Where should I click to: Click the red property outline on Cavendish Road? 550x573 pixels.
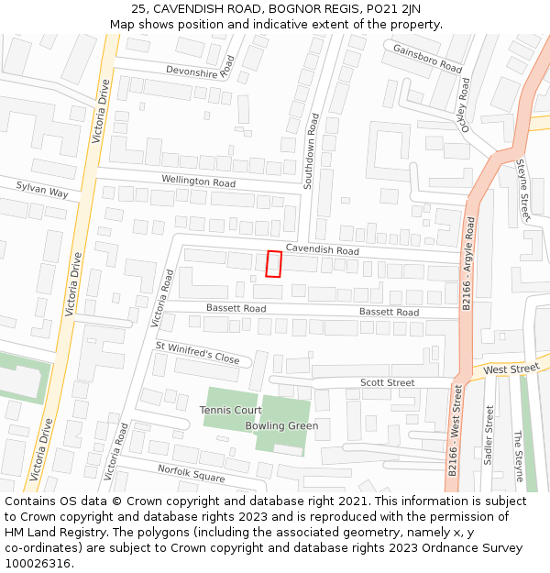point(272,263)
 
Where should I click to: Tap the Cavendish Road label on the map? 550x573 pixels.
point(322,249)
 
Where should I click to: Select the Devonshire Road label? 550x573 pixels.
point(201,70)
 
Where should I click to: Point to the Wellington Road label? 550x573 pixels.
point(198,182)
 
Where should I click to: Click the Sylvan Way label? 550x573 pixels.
point(42,190)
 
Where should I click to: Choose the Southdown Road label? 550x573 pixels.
point(311,151)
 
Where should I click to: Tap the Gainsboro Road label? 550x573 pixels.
point(427,58)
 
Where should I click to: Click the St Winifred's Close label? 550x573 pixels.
point(197,353)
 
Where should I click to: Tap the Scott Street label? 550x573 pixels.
point(387,382)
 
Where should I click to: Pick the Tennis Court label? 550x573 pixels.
point(231,410)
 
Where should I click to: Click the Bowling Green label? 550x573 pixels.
point(281,425)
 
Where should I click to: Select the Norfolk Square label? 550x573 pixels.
point(191,474)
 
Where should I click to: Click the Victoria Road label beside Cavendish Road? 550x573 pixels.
point(161,298)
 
